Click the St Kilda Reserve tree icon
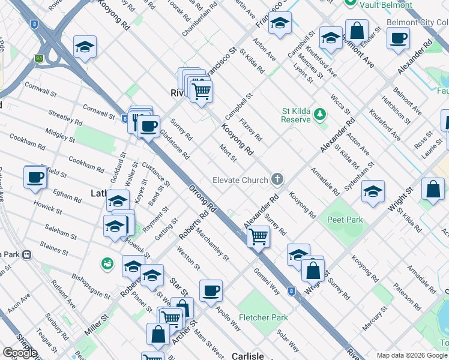tap(321, 113)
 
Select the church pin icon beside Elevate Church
tap(277, 178)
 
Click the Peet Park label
tap(345, 220)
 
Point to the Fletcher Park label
tap(263, 317)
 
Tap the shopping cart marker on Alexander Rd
tap(259, 236)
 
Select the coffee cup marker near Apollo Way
tap(211, 291)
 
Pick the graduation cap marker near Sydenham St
tap(373, 191)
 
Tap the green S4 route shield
tap(39, 59)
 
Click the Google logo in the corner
tap(20, 353)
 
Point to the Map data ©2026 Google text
tap(412, 355)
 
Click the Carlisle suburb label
tap(248, 356)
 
